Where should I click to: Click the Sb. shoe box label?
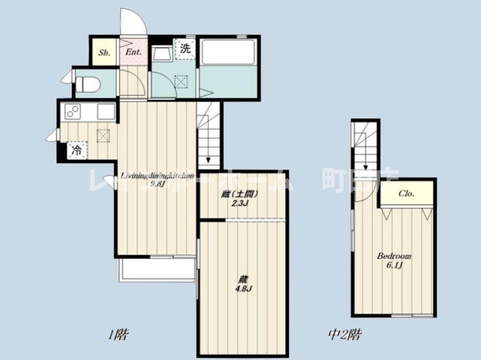[x=104, y=53]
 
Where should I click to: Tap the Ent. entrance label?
[x=133, y=53]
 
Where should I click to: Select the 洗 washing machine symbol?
[x=186, y=49]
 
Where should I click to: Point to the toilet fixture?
[x=88, y=85]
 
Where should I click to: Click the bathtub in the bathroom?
[x=227, y=52]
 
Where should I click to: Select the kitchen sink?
[x=106, y=112]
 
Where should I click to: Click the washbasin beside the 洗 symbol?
[x=163, y=54]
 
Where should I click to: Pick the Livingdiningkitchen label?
[x=157, y=176]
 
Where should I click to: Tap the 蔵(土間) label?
[x=240, y=195]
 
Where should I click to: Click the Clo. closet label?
[x=406, y=194]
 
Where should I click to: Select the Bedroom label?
[x=394, y=256]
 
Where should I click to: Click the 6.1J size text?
[x=395, y=265]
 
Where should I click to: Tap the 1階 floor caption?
[x=118, y=335]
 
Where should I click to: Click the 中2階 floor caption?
[x=345, y=335]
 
